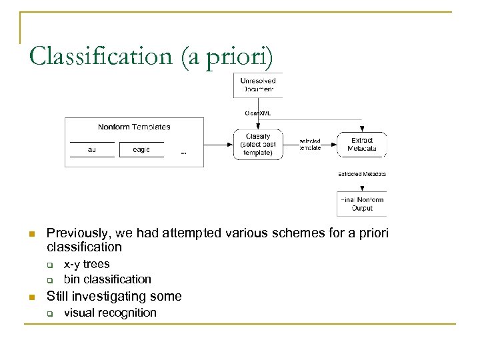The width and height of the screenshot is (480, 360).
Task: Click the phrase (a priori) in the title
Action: pos(227,56)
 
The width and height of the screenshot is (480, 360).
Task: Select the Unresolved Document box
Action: pos(258,85)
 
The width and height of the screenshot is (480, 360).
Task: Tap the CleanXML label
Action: pos(257,113)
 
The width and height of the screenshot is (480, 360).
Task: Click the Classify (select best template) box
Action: pos(257,144)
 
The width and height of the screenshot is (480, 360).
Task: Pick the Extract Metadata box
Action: pos(362,144)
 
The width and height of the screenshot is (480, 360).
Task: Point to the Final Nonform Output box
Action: pos(362,204)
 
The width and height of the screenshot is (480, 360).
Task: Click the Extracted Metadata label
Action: pos(362,174)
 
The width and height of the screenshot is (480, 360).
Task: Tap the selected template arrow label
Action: pos(310,144)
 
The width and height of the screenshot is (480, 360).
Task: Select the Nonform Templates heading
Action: pos(134,127)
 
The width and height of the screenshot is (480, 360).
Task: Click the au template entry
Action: pos(91,150)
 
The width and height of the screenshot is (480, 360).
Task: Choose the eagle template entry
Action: pos(141,150)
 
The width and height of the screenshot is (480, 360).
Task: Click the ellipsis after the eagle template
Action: pos(184,153)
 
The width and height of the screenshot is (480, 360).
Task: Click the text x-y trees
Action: pos(87,265)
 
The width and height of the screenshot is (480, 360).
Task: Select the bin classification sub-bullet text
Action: pos(107,279)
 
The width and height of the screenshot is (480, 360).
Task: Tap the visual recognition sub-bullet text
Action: pos(110,313)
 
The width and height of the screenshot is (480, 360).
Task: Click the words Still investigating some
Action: pos(113,296)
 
